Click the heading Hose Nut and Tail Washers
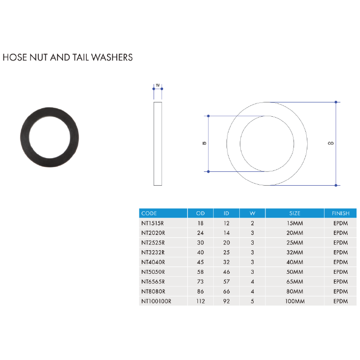coord(67,57)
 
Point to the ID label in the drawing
coord(204,144)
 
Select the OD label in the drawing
coord(330,144)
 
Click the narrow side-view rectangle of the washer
coord(158,144)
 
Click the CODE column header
coord(149,213)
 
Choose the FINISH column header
coord(340,213)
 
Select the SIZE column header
coord(295,213)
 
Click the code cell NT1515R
coord(153,223)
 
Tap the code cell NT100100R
coord(156,301)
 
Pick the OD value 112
coord(200,301)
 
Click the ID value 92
coord(227,301)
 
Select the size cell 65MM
coord(295,282)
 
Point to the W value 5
coord(252,301)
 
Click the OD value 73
coord(200,282)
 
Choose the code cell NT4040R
coord(153,262)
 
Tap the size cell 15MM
coord(295,223)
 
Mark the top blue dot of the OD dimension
coord(336,102)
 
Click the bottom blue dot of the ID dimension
coord(208,171)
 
